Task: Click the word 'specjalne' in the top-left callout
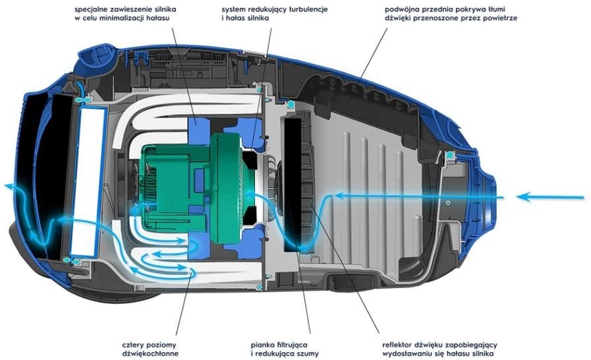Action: (x=93, y=10)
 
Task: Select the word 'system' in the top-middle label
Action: (x=235, y=10)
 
